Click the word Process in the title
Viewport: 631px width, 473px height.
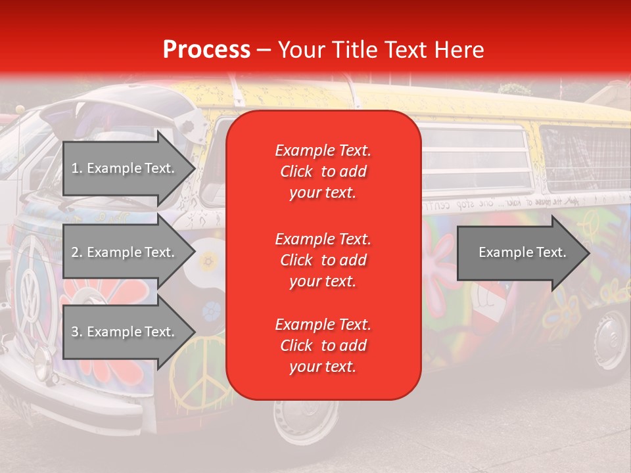(206, 50)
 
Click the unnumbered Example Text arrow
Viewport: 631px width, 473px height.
(523, 252)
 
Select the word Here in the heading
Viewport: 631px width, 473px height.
(459, 50)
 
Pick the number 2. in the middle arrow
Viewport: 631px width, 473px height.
(76, 252)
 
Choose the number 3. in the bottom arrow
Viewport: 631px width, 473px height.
(76, 332)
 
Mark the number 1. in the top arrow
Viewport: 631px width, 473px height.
(76, 168)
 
